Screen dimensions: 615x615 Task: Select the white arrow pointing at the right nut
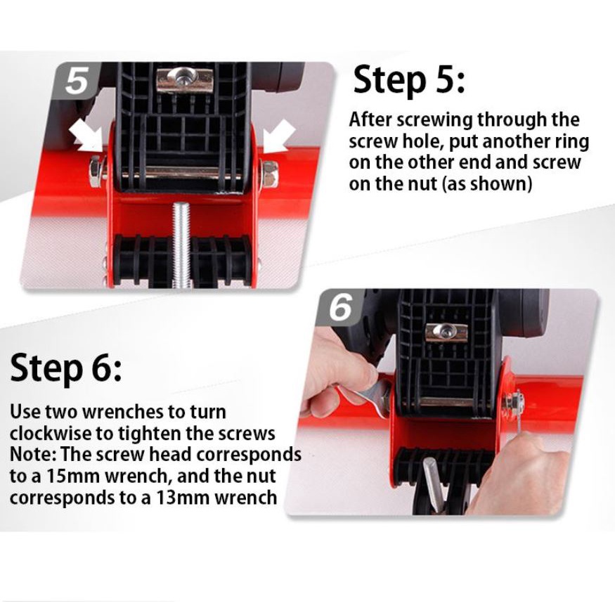[x=278, y=136]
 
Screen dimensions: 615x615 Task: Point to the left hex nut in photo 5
[x=96, y=171]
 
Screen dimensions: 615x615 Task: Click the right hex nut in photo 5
[x=270, y=174]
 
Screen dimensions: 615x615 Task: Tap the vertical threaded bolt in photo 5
[x=181, y=245]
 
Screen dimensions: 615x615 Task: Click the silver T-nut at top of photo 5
[x=184, y=80]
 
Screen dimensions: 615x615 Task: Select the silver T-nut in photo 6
[x=446, y=332]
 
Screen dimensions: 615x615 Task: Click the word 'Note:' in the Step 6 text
[x=33, y=454]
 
